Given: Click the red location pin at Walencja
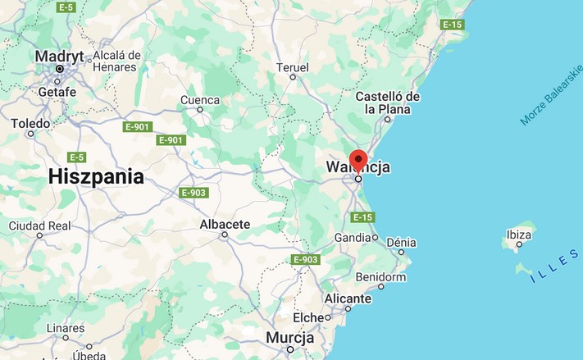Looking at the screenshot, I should point(358,159).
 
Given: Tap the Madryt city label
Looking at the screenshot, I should point(60,56).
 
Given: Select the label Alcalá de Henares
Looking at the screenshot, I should point(116,62).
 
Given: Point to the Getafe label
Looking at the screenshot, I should point(57,92).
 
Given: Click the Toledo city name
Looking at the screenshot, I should point(30,123).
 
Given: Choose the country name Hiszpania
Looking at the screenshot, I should point(96,176).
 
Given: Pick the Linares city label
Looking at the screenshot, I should point(66,329).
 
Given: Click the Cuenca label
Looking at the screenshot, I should point(200,100).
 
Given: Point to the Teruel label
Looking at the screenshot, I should point(293,67).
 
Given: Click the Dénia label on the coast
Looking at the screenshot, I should point(401,242).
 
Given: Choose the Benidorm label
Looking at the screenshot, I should point(381,277).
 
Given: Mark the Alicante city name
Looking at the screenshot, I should point(348,298).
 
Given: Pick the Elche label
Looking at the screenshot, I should point(308,317).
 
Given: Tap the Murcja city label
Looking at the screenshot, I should point(289,338).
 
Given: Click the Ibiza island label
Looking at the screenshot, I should point(518,235).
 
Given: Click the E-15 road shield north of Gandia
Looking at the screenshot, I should point(362,217).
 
